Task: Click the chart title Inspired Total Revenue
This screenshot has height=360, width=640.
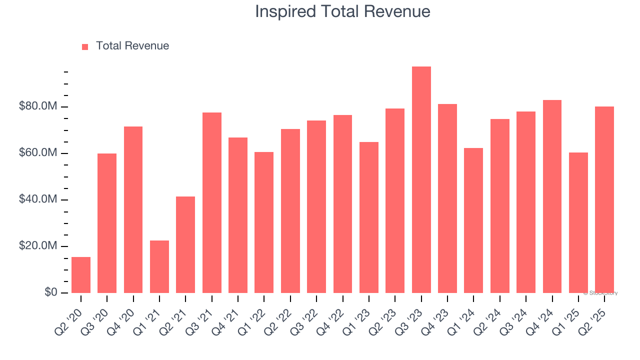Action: (x=342, y=11)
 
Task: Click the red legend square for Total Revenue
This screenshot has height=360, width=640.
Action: (x=85, y=46)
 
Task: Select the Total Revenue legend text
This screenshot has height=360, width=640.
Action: (x=132, y=46)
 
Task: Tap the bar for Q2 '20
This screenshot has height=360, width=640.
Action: (x=81, y=275)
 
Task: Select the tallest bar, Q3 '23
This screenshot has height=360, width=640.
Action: (x=421, y=180)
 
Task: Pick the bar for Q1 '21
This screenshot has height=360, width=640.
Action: (x=159, y=266)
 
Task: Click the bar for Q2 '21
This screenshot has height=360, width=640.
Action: (x=185, y=244)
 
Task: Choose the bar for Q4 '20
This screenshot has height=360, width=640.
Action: (x=133, y=209)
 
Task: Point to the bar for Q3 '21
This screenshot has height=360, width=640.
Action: (x=211, y=202)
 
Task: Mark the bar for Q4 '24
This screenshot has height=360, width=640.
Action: (x=552, y=196)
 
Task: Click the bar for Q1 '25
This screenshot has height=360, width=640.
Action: (x=578, y=222)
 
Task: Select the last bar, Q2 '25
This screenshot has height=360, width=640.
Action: (x=604, y=199)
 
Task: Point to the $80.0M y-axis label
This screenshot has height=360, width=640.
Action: (x=38, y=106)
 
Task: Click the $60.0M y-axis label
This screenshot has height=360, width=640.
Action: (x=38, y=153)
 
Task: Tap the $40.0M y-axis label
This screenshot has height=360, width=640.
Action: (x=38, y=199)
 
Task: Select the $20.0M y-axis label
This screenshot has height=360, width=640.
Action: (x=38, y=246)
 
